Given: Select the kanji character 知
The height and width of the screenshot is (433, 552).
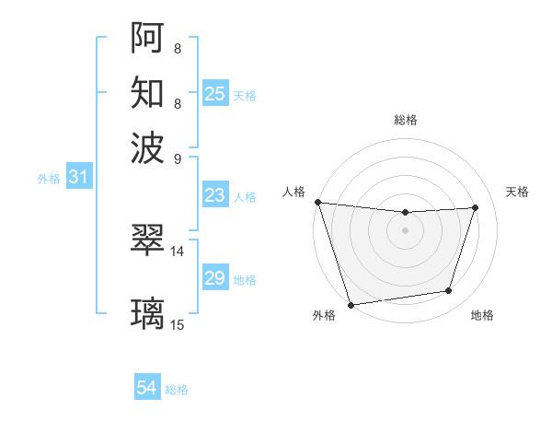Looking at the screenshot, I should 148,92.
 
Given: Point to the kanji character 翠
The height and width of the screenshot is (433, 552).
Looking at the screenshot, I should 148,240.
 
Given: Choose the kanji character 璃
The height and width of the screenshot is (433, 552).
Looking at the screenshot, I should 148,314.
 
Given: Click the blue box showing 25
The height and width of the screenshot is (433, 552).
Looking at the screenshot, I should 215,93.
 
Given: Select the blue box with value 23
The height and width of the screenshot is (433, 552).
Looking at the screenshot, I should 214,195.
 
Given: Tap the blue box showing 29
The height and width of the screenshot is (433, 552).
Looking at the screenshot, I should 214,278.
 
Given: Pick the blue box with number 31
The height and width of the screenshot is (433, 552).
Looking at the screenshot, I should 78,177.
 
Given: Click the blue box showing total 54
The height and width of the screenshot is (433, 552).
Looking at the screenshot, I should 147,389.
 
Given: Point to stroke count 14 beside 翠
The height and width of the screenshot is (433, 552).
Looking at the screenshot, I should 178,251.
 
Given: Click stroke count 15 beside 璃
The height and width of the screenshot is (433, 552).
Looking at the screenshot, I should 178,324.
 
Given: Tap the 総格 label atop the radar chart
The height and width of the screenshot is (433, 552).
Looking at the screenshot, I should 406,121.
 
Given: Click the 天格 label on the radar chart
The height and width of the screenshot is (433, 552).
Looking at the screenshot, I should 517,192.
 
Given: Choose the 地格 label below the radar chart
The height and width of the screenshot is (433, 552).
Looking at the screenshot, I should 483,316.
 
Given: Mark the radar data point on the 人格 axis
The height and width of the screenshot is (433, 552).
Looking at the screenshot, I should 317,202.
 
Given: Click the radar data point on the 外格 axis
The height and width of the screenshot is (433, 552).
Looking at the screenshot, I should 351,304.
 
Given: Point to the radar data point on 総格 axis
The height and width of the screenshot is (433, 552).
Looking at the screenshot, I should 406,213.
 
